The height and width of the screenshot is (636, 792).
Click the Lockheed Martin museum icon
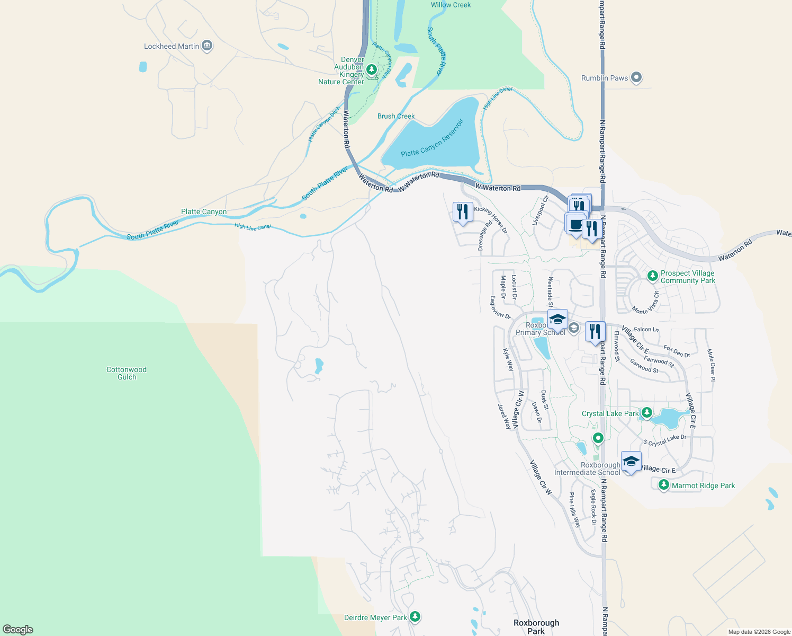point(207,46)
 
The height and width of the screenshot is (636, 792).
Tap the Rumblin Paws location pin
point(636,78)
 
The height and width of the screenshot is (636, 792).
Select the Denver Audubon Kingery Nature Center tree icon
point(372,69)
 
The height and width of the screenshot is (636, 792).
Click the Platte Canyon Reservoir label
point(432,138)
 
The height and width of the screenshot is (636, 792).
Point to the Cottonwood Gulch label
point(127,374)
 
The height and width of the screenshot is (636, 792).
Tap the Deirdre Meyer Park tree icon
point(416,617)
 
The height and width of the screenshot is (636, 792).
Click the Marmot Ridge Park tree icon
point(664,485)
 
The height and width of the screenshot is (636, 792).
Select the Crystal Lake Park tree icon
point(646,413)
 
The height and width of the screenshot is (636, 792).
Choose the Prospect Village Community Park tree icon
point(653,276)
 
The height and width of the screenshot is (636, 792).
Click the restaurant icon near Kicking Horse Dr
point(463,212)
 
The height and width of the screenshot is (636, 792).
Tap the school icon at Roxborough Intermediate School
point(631,462)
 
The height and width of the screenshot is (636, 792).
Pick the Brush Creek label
point(396,116)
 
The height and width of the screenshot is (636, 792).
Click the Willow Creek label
point(451,5)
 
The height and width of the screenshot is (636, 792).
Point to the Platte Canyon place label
point(204,211)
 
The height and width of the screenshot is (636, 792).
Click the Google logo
point(18,630)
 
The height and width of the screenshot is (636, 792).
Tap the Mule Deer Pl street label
point(711,365)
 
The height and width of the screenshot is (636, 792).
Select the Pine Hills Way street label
point(574,510)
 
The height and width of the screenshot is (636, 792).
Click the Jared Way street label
point(504,416)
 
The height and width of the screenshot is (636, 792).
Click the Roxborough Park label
point(536,626)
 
